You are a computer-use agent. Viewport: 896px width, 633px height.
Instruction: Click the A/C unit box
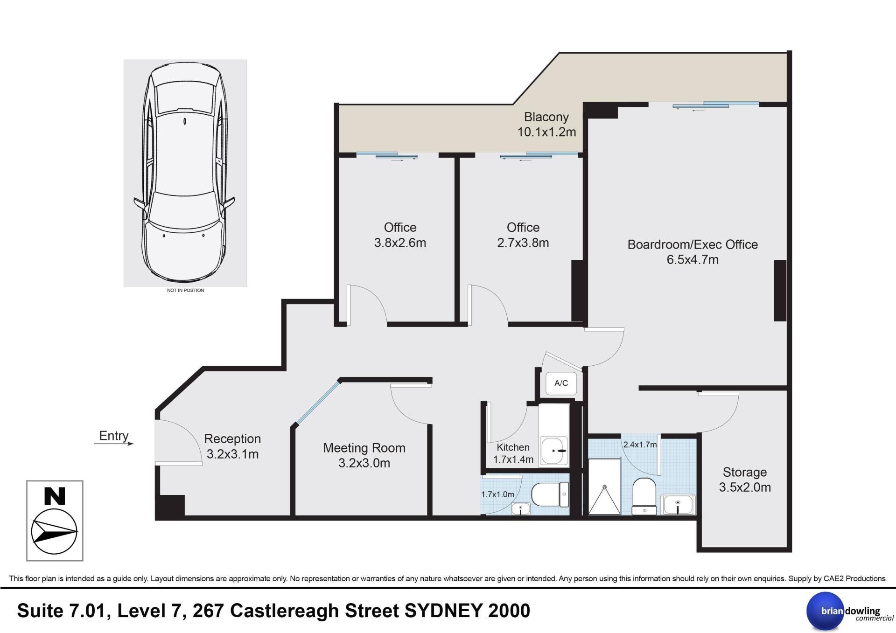[561, 383]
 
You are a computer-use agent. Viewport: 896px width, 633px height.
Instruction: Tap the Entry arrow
[114, 444]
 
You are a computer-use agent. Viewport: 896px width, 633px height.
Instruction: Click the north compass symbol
[55, 521]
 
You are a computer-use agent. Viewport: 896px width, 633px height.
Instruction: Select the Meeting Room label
[364, 448]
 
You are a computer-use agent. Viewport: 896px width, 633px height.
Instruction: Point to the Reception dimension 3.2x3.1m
[232, 454]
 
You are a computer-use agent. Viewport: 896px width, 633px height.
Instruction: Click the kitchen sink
[554, 451]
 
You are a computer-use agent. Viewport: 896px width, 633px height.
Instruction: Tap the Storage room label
[745, 472]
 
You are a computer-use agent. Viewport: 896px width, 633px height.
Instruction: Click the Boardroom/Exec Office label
[693, 244]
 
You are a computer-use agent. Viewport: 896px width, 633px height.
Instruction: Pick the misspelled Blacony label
[546, 117]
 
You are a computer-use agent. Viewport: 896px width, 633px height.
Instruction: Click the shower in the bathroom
[604, 487]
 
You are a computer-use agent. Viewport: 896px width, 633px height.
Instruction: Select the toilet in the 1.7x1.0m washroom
[551, 495]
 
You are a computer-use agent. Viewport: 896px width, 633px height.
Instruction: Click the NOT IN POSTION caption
[185, 290]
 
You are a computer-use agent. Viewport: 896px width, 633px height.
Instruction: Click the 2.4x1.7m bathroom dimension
[640, 445]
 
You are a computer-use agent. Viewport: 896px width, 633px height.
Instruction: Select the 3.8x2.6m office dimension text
[400, 243]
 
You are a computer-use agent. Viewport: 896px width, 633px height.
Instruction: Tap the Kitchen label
[513, 447]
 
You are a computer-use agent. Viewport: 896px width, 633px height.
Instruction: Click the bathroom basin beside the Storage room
[678, 505]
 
